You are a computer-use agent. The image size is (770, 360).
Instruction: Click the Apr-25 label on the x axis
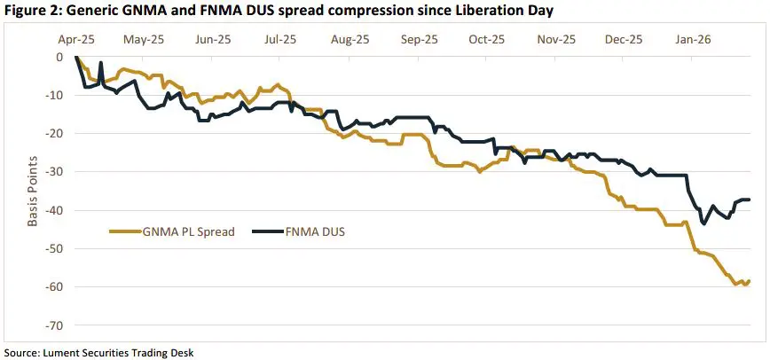pyautogui.click(x=75, y=40)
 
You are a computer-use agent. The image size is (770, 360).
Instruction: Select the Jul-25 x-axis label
pyautogui.click(x=279, y=40)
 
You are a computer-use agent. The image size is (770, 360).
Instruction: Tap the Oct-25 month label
pyautogui.click(x=486, y=40)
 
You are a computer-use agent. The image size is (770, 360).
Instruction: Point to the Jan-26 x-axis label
pyautogui.click(x=691, y=40)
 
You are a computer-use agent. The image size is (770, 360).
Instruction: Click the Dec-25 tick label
pyautogui.click(x=623, y=40)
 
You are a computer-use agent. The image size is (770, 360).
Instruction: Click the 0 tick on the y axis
pyautogui.click(x=59, y=57)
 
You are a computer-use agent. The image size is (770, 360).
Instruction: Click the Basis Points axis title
pyautogui.click(x=32, y=191)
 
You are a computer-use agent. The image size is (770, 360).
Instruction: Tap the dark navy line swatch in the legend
pyautogui.click(x=263, y=232)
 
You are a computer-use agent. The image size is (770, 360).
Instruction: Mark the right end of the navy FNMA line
pyautogui.click(x=750, y=200)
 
